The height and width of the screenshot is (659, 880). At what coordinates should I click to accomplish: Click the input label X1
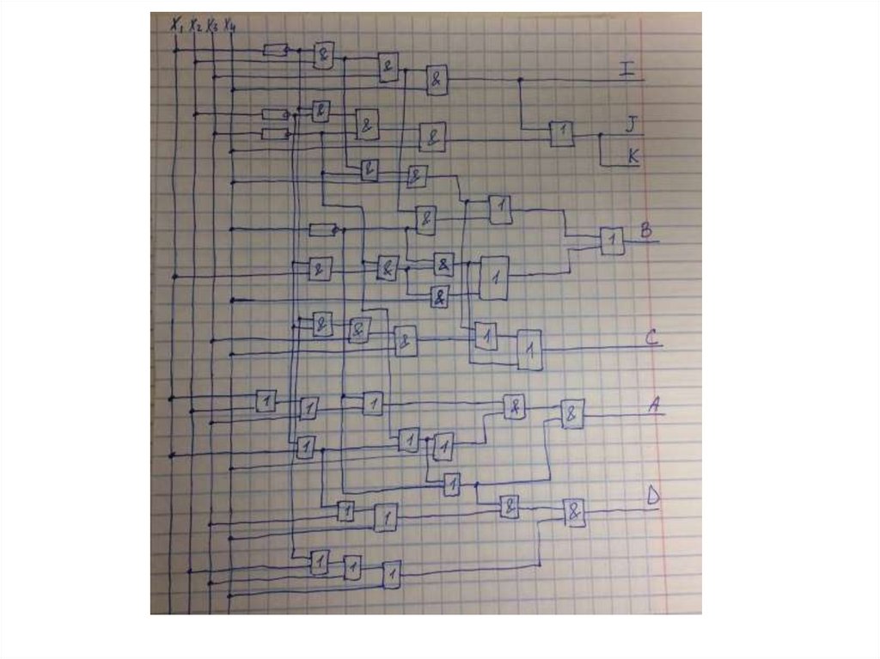tap(177, 26)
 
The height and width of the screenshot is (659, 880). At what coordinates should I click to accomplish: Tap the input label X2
tap(196, 26)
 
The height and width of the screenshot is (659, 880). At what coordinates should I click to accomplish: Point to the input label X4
tap(229, 26)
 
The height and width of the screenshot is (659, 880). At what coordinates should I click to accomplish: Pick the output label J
tap(632, 125)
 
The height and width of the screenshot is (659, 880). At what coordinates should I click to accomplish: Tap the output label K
tap(632, 156)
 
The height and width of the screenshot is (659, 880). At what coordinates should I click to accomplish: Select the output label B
tap(646, 231)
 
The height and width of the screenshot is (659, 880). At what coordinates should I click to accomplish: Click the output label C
tap(651, 338)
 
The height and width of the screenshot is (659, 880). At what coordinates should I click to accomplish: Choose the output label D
tap(653, 497)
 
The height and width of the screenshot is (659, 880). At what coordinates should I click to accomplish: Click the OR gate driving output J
tap(561, 133)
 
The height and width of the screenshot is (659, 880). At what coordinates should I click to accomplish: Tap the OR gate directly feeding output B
tap(612, 241)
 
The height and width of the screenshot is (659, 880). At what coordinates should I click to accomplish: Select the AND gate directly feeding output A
tap(572, 414)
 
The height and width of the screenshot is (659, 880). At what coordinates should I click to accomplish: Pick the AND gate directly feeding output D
tap(574, 513)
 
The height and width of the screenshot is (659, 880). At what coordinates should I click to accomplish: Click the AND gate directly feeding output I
tap(437, 81)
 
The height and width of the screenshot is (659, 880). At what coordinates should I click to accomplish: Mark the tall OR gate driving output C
tap(529, 350)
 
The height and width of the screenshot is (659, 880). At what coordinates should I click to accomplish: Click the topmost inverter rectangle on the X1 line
tap(275, 51)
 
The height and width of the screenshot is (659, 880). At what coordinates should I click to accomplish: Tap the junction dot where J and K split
tap(601, 135)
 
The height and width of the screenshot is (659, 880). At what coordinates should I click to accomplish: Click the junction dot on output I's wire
tap(519, 80)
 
